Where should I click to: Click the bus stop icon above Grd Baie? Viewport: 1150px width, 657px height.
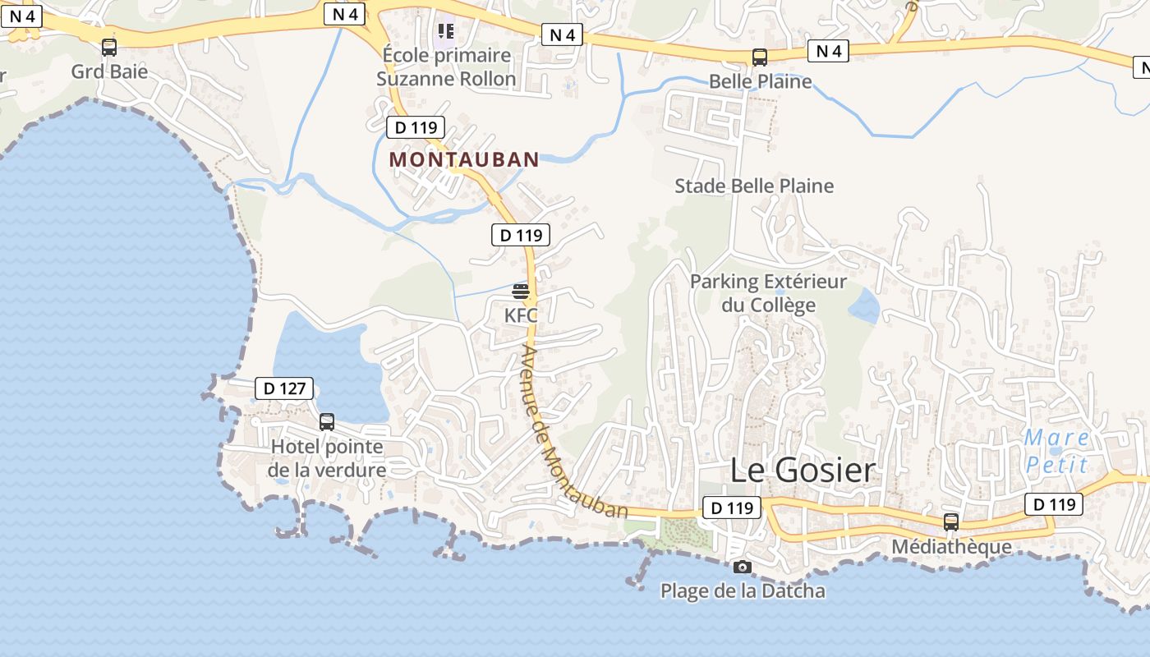tap(109, 48)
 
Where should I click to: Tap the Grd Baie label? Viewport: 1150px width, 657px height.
tap(109, 71)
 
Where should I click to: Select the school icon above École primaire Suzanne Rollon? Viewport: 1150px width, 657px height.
tap(446, 31)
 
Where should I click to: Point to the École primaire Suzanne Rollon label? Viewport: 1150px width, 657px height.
tap(446, 67)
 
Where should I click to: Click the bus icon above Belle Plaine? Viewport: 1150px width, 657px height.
tap(760, 57)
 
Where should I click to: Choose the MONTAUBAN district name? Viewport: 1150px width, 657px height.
tap(464, 159)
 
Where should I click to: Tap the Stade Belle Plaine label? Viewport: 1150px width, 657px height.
tap(754, 186)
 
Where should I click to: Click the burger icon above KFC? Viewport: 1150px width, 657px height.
tap(521, 292)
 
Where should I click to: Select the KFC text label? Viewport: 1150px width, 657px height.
tap(521, 315)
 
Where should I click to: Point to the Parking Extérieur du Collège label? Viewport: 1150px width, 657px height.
tap(768, 293)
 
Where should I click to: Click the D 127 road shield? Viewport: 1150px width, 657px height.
tap(284, 388)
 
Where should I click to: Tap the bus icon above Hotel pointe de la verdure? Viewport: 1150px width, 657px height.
tap(327, 422)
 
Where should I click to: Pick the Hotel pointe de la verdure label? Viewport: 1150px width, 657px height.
tap(327, 458)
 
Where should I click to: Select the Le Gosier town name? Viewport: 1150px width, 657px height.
tap(803, 471)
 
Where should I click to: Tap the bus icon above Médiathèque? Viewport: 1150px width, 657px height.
tap(951, 521)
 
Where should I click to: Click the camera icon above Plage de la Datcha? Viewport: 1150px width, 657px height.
tap(742, 567)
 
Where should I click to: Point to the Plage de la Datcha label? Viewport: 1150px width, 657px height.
tap(743, 590)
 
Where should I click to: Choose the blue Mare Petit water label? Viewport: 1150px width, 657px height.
tap(1056, 451)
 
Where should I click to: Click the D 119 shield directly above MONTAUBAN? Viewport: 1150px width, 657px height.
tap(416, 127)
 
